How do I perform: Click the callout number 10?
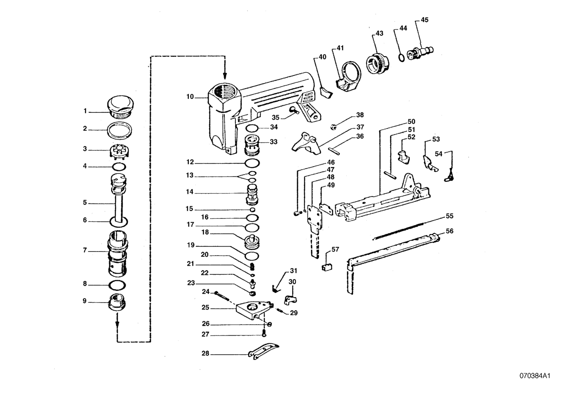tap(190, 97)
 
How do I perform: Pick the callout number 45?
tap(425, 20)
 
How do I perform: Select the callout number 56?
tap(450, 231)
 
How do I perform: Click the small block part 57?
tap(327, 267)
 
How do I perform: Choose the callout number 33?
tap(273, 142)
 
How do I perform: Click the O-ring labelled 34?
tap(253, 128)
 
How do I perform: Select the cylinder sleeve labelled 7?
tap(118, 252)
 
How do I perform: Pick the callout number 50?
tap(411, 122)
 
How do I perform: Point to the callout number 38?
tap(360, 115)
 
